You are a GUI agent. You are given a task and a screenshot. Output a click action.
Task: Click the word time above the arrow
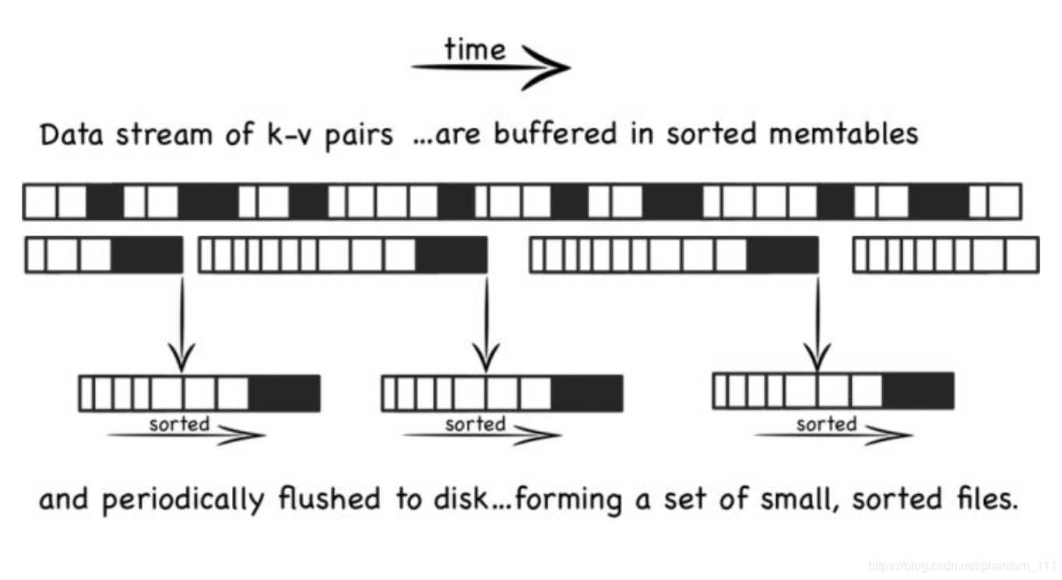[475, 50]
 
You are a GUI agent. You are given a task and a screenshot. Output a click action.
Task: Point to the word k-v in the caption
[275, 135]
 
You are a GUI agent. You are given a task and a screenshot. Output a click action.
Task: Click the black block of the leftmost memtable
[146, 255]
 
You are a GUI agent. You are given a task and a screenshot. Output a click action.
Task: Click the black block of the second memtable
[451, 255]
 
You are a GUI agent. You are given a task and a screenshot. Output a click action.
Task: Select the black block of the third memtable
[782, 255]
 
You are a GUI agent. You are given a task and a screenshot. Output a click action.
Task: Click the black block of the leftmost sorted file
[284, 393]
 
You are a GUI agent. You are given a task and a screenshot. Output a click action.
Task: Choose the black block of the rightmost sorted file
[918, 390]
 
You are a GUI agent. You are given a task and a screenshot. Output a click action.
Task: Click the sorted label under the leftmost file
[179, 424]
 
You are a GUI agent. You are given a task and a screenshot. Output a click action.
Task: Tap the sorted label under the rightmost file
[826, 424]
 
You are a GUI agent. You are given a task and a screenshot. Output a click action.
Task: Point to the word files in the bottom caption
[982, 499]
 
